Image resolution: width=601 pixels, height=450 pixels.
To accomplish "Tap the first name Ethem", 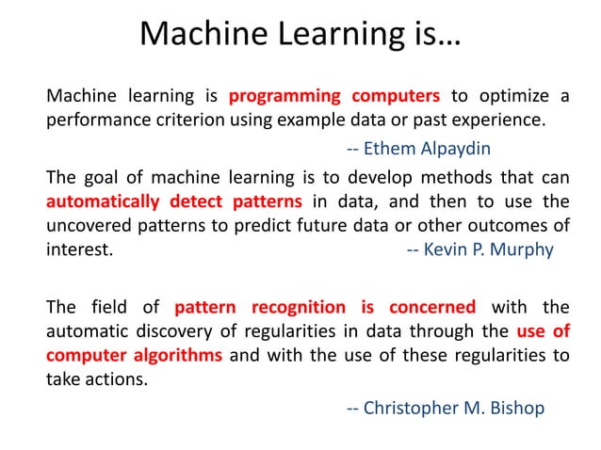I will pyautogui.click(x=386, y=149).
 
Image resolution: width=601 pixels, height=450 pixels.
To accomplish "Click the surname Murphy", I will pyautogui.click(x=521, y=251).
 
